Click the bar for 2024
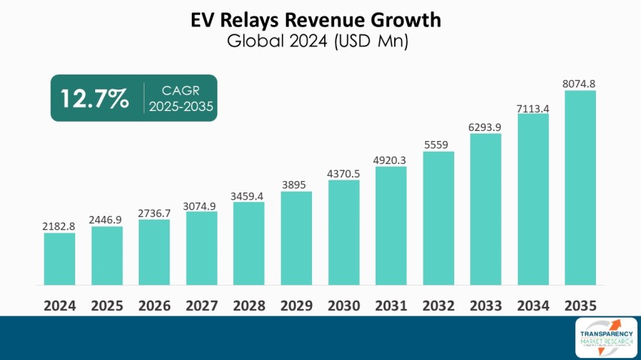pos(59,259)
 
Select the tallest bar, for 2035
pos(580,188)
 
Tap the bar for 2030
pos(343,233)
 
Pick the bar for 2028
pos(249,243)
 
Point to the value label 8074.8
pos(580,84)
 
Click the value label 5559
pos(438,145)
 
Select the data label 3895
pos(296,185)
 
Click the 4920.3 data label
pos(391,160)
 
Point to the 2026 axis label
pos(155,306)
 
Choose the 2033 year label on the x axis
pos(486,306)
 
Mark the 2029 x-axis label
pos(296,306)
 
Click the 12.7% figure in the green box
pos(94,98)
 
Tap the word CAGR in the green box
pos(181,90)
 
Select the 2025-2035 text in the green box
pos(181,107)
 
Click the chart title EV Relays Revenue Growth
pos(320,19)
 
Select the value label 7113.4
pos(533,107)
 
